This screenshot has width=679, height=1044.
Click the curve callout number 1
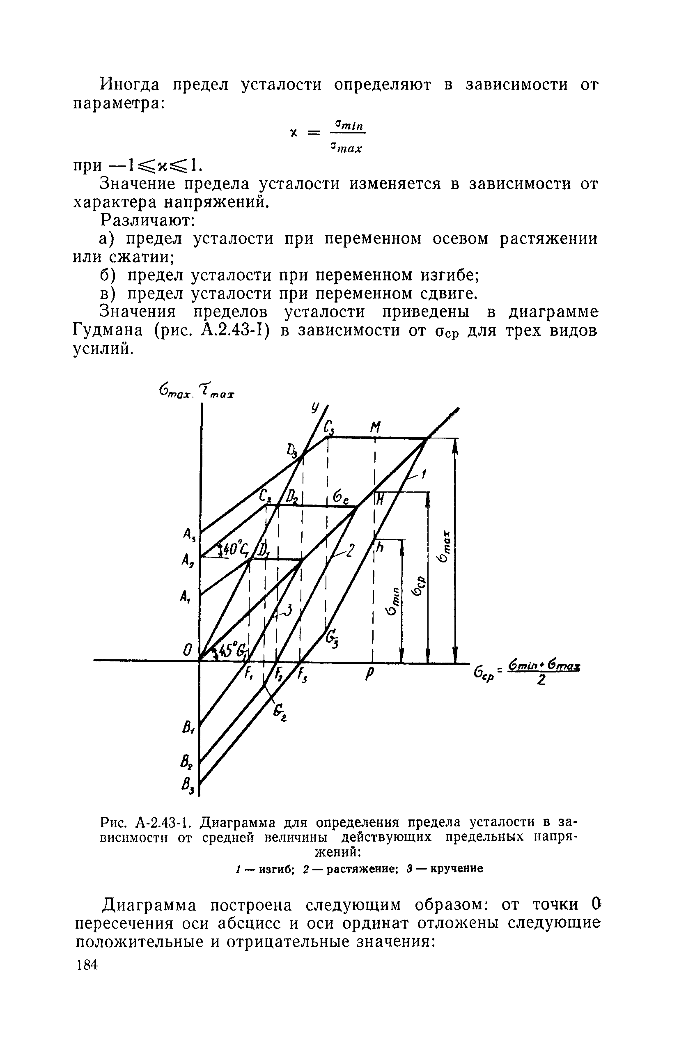point(424,474)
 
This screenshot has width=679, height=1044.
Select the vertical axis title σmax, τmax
point(197,390)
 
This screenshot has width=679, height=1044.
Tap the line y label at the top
point(315,409)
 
